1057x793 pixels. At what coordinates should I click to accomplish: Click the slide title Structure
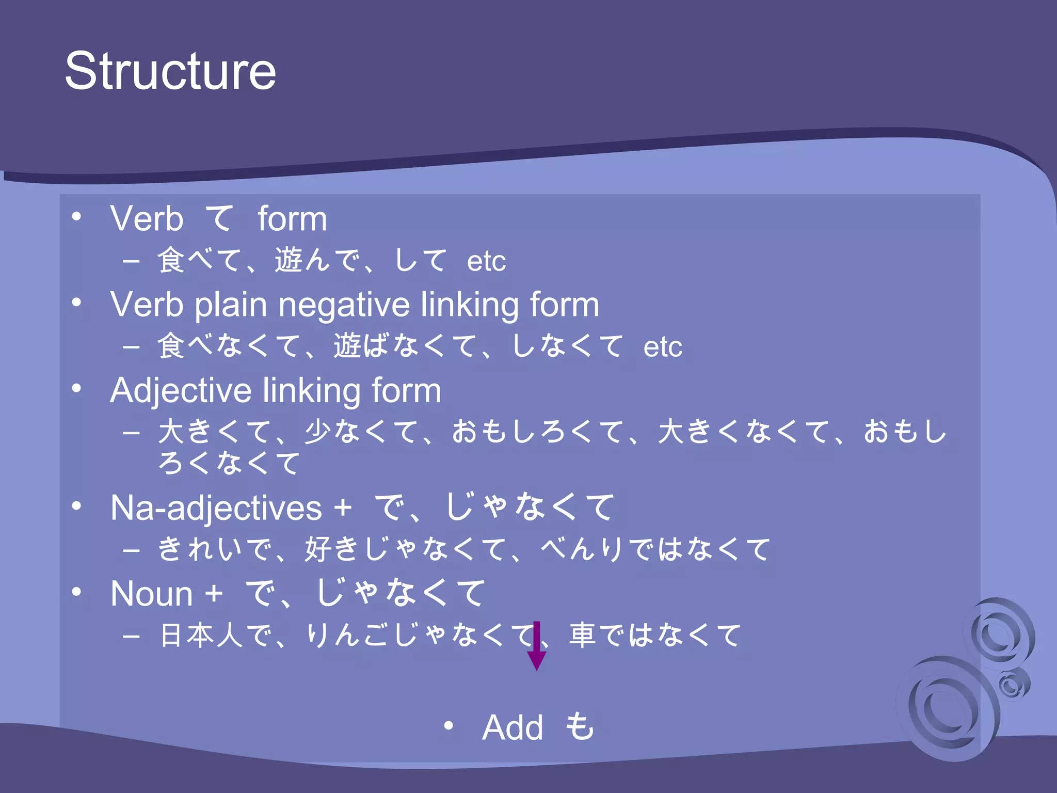[x=170, y=71]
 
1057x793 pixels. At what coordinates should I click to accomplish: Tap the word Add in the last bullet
[x=513, y=727]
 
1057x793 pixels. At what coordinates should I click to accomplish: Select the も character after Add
[x=580, y=726]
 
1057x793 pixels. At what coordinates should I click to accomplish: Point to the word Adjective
[x=181, y=391]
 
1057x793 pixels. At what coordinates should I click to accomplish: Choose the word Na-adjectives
[x=216, y=508]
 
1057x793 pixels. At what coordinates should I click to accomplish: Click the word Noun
[x=152, y=594]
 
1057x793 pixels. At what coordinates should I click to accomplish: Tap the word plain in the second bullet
[x=231, y=305]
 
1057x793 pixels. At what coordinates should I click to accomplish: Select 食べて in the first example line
[x=200, y=260]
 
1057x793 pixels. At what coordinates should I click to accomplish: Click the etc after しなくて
[x=663, y=347]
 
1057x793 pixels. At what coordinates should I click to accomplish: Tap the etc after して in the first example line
[x=486, y=261]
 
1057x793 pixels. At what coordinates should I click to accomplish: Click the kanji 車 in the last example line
[x=583, y=635]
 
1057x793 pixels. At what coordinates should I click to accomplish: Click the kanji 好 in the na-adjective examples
[x=318, y=549]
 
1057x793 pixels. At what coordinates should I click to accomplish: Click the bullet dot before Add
[x=449, y=726]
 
